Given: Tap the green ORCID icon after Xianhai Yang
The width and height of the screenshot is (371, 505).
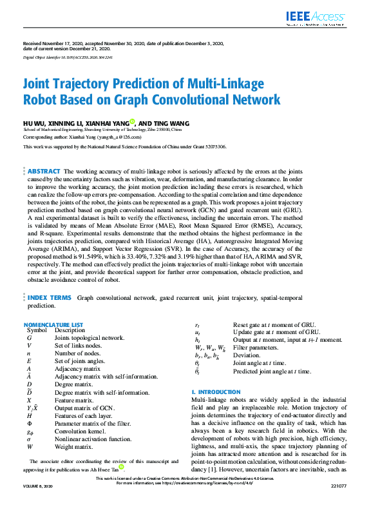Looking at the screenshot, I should point(150,121).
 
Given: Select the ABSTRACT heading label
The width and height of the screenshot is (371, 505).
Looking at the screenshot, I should point(44,170).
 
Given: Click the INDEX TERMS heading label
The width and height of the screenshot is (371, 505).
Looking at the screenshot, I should point(50,298).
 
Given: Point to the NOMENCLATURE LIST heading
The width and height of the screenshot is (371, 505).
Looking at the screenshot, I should point(53,324).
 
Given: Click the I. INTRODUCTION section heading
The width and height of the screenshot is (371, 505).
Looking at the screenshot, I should point(216,392).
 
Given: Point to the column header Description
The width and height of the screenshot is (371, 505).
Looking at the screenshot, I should point(70,330).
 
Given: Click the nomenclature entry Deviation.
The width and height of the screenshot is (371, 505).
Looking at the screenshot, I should point(247,355).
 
